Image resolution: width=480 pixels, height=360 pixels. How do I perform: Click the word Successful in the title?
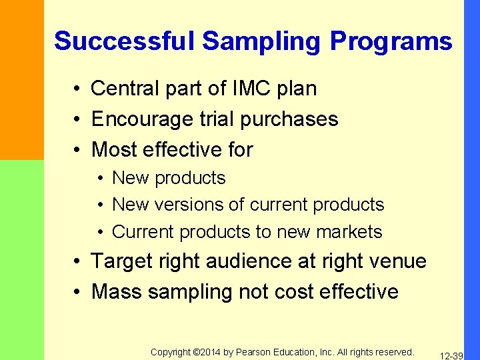pyautogui.click(x=124, y=41)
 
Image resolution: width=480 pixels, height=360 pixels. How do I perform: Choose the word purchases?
pyautogui.click(x=293, y=119)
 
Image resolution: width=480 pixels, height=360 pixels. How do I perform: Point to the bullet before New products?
pyautogui.click(x=99, y=178)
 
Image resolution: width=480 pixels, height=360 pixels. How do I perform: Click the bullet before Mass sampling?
pyautogui.click(x=78, y=292)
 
